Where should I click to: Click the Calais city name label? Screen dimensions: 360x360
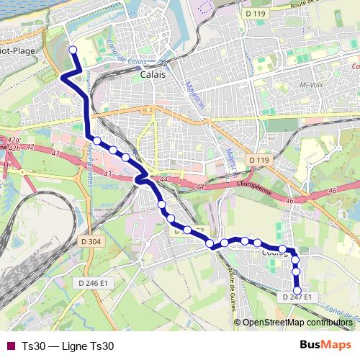tap(153, 74)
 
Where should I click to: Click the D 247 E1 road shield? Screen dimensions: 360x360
tap(296, 297)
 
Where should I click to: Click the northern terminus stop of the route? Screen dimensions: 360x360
tap(72, 50)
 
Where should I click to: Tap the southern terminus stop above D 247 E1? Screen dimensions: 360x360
tap(297, 291)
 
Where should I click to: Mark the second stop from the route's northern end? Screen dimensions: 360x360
tap(96, 141)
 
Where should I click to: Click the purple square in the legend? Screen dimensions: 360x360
tap(10, 346)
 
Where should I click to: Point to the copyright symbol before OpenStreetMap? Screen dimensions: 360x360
tap(238, 322)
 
